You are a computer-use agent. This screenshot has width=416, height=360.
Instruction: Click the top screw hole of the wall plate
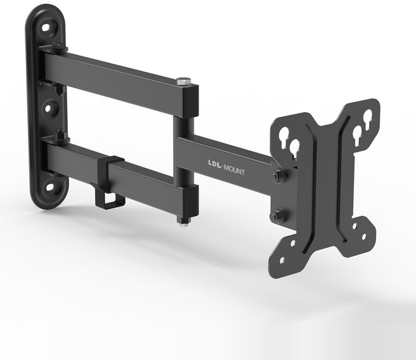pyautogui.click(x=46, y=27)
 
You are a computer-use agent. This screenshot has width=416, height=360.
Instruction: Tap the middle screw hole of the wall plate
pyautogui.click(x=49, y=108)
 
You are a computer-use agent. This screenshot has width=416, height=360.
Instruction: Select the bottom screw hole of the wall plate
pyautogui.click(x=50, y=187)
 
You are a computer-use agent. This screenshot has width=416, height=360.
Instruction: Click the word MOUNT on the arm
pyautogui.click(x=234, y=170)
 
